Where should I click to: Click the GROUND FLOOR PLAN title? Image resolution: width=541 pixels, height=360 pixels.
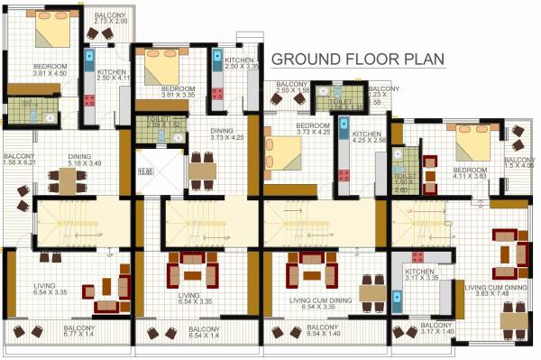(x=359, y=60)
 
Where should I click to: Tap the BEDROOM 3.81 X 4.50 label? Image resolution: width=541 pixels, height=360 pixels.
(x=49, y=70)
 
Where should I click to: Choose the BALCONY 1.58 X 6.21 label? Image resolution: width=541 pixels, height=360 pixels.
(x=17, y=160)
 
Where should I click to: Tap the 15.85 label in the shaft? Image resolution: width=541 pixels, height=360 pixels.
(x=143, y=171)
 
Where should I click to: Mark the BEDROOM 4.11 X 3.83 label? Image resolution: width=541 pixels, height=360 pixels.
(x=470, y=173)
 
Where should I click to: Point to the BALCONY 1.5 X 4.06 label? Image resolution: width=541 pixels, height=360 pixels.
(x=518, y=162)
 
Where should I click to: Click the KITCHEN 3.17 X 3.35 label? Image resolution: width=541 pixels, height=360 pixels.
(x=421, y=275)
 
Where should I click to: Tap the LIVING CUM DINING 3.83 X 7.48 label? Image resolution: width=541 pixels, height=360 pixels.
(x=491, y=291)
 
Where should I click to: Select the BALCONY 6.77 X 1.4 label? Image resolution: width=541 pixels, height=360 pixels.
(x=78, y=330)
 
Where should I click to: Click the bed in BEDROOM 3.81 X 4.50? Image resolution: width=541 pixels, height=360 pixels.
(x=51, y=33)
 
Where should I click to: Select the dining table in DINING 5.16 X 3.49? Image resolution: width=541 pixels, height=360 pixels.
(x=69, y=182)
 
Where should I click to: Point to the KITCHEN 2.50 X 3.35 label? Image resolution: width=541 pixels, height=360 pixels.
(x=242, y=62)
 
